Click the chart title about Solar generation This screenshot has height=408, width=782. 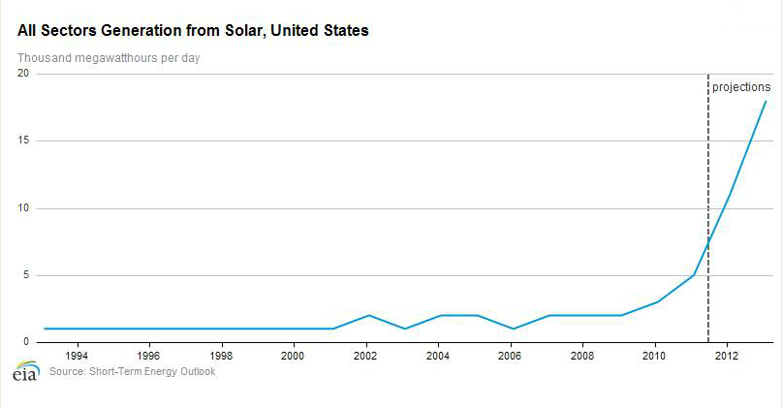pos(192,31)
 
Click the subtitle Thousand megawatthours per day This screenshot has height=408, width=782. pos(109,57)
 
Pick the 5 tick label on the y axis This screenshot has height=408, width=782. pos(26,275)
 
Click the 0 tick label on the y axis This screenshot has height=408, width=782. pos(26,342)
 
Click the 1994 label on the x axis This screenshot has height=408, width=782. pos(77,356)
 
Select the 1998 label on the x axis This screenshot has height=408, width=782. pos(222,356)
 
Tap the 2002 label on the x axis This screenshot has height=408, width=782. pos(366,356)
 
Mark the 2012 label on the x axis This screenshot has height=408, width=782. pos(729,356)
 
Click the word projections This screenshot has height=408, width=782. pos(741,87)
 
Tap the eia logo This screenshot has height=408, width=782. pos(23,371)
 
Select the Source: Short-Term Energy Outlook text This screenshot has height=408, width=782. pos(132,372)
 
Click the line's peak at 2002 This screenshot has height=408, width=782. pos(366,315)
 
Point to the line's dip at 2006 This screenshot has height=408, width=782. pos(512,329)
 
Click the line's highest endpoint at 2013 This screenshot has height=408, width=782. pos(766,101)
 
